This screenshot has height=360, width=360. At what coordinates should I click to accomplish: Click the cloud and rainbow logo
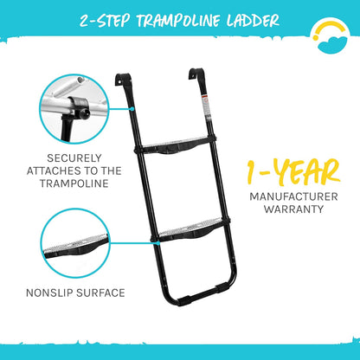tap(331, 37)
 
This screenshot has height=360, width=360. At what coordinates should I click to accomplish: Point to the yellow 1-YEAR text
tap(293, 172)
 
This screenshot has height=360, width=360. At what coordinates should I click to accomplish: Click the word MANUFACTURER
tap(293, 196)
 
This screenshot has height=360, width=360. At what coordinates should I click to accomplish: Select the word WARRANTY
tap(293, 209)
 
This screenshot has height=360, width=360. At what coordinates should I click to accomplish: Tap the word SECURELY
tap(74, 158)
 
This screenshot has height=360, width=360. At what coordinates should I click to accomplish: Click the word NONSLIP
tap(49, 293)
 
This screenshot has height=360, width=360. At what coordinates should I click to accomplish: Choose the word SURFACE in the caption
tap(100, 293)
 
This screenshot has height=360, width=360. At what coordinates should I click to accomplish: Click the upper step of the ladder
tap(177, 145)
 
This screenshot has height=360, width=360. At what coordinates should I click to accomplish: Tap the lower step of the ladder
tap(191, 230)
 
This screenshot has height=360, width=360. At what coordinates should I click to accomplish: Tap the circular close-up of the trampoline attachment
tap(74, 109)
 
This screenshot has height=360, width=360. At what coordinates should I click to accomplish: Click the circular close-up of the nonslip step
tap(75, 243)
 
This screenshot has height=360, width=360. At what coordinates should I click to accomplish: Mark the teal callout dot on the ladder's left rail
tap(132, 109)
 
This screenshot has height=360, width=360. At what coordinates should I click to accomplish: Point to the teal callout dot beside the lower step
tap(157, 243)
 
